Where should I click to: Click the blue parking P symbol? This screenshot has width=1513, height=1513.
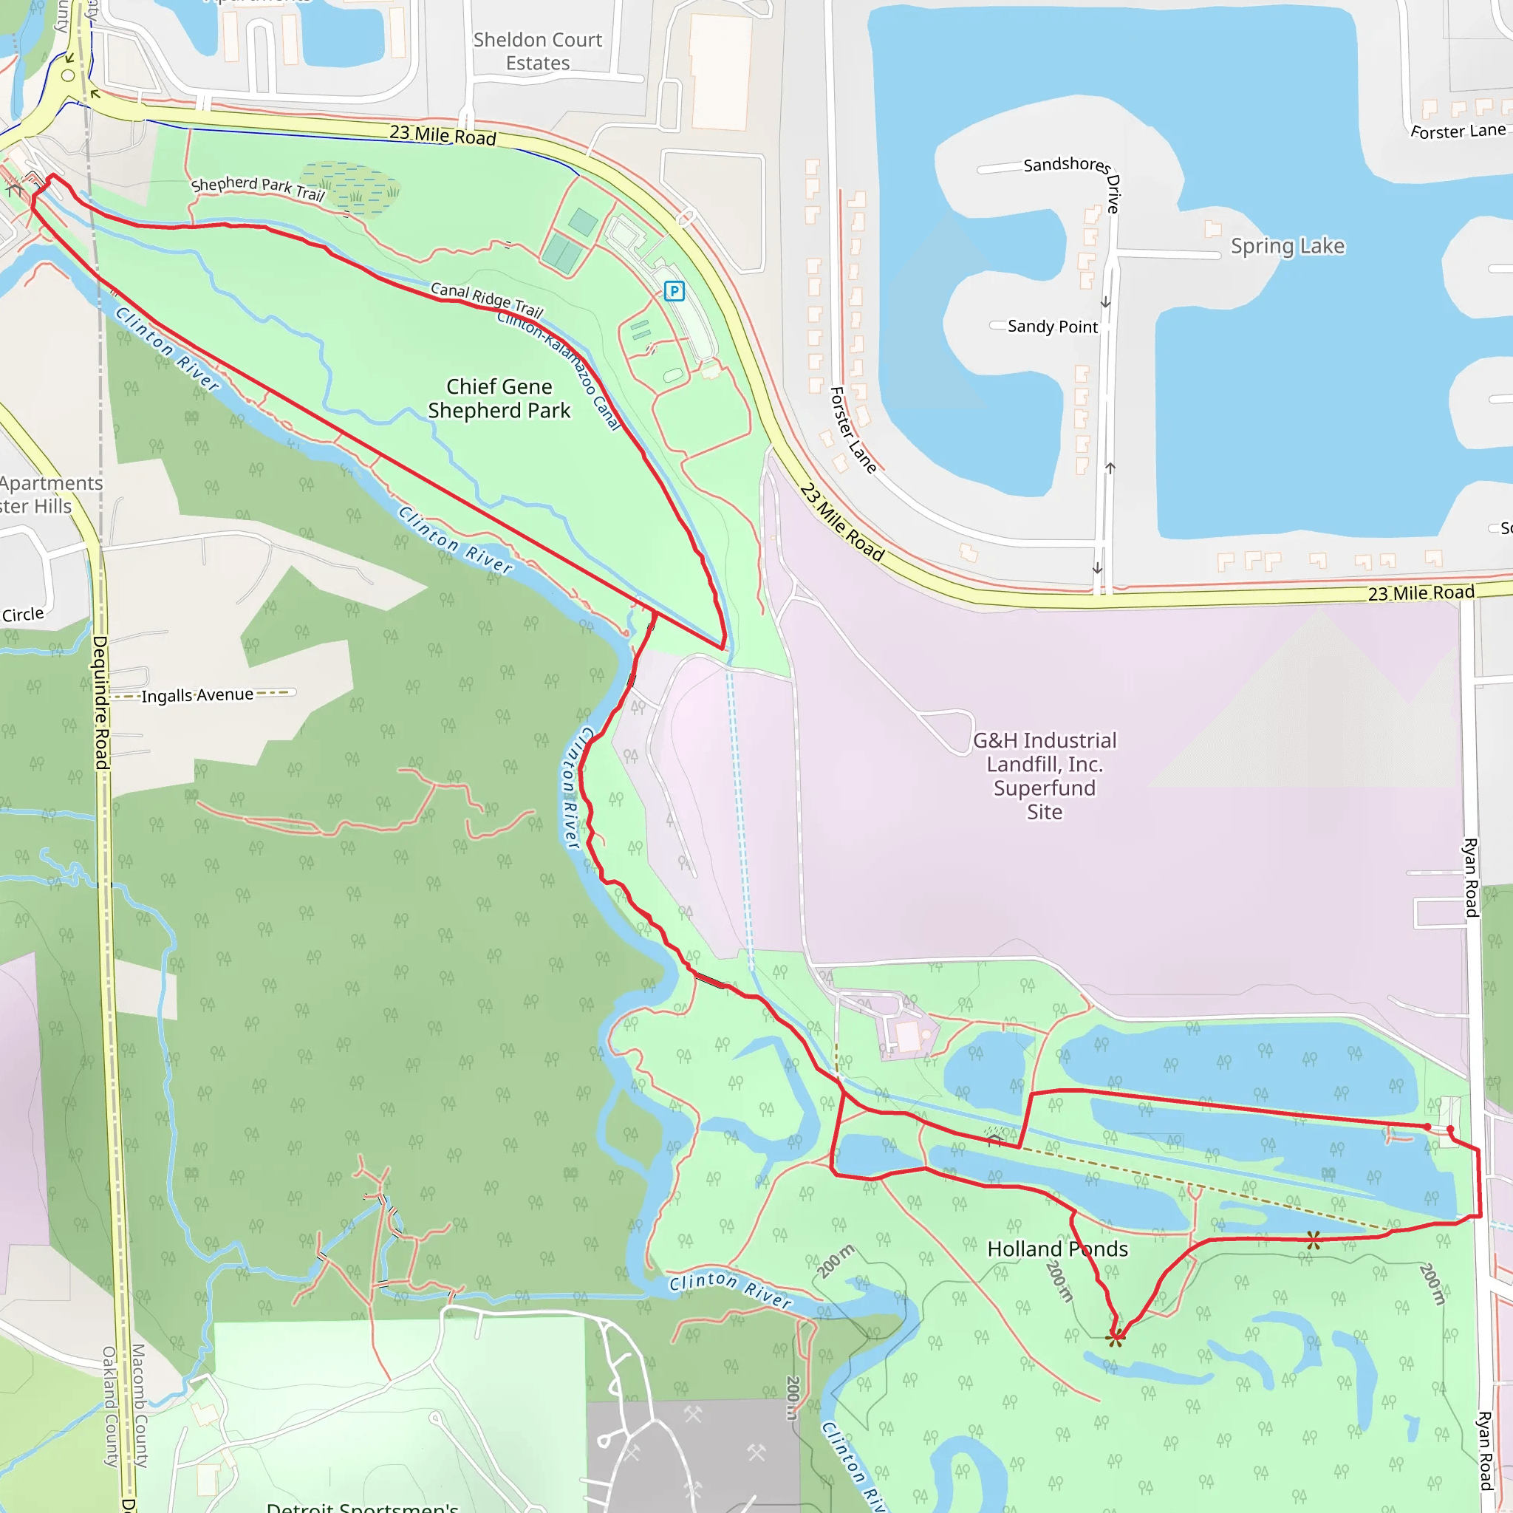point(674,291)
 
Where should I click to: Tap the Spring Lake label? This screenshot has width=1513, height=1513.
point(1288,246)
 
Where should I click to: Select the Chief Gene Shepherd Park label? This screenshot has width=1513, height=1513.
point(499,399)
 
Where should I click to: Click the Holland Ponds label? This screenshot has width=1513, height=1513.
point(1057,1249)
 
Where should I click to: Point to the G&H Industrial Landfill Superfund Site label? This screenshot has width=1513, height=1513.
point(1045,775)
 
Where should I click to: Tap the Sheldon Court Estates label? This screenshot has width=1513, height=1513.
point(538,51)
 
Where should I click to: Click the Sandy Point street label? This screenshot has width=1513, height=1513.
point(1053,326)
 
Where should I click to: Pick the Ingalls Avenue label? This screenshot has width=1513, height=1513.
point(197,694)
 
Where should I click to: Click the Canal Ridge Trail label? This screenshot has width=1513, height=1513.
point(486,298)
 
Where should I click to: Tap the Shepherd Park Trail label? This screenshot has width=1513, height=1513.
point(258,188)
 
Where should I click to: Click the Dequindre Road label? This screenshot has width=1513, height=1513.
point(101,701)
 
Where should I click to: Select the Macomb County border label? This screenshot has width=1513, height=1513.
point(139,1405)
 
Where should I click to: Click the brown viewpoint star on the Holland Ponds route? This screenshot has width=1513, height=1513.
point(1314,1240)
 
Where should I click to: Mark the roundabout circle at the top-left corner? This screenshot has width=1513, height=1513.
point(68,76)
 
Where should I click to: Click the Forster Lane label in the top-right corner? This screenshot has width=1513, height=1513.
point(1458,131)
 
